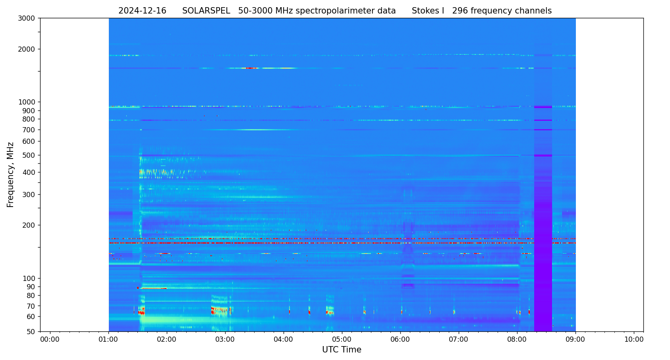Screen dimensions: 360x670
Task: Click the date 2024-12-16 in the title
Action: tap(142, 11)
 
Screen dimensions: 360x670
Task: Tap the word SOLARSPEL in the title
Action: tap(206, 11)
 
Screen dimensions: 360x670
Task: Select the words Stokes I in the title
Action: tap(428, 11)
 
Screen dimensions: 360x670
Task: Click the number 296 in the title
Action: tap(460, 11)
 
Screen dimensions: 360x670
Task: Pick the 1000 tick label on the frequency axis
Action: tap(27, 102)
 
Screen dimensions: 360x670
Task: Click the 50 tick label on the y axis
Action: tap(31, 332)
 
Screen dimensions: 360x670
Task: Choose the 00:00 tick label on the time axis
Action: tap(50, 340)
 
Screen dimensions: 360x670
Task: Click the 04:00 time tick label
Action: tap(284, 340)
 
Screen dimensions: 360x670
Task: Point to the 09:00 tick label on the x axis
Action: tap(575, 340)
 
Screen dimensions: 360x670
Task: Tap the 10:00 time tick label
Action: tap(634, 340)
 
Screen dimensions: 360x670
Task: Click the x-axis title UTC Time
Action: tap(342, 350)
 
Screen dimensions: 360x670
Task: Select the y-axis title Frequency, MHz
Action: tap(11, 175)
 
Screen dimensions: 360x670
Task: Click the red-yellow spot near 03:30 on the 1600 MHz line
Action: tap(251, 68)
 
